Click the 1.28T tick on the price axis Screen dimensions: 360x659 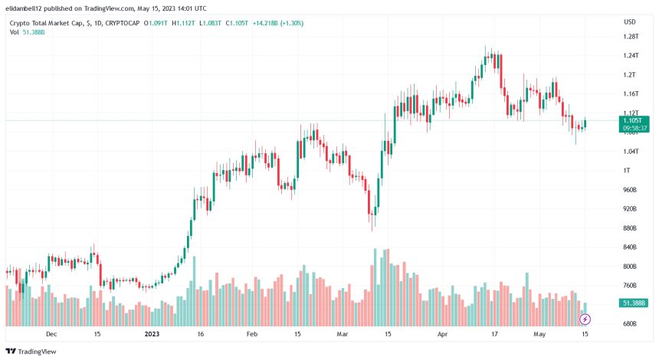tap(631, 36)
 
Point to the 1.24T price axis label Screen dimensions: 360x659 tap(631, 55)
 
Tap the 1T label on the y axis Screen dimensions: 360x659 tap(628, 170)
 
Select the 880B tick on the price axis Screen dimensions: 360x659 tap(631, 228)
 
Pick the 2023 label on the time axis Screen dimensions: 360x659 tap(152, 334)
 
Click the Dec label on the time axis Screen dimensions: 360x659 tap(51, 334)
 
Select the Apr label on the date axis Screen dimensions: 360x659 tap(441, 334)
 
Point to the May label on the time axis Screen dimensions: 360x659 tap(541, 334)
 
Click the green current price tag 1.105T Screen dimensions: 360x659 tap(633, 120)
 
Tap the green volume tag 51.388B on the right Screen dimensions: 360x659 tap(634, 303)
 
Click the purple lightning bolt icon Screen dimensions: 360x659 tap(585, 319)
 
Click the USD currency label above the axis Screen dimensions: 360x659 tap(630, 21)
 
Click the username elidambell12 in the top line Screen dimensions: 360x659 tap(26, 8)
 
